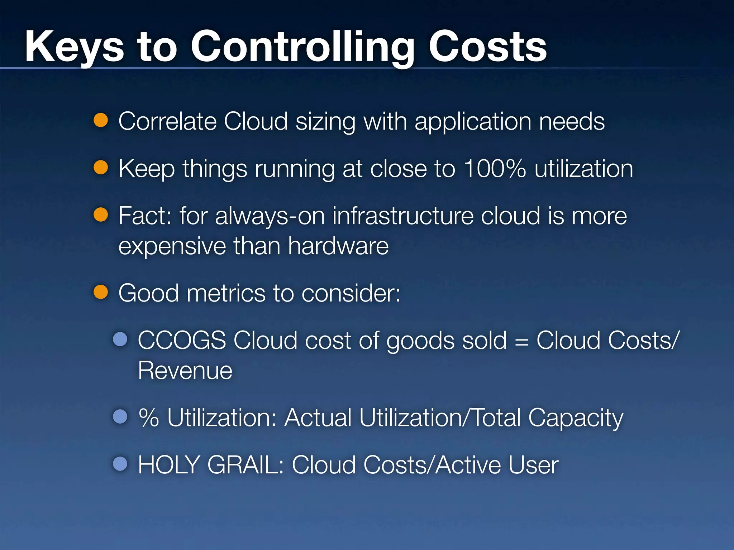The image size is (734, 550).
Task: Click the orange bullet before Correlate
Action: tap(101, 120)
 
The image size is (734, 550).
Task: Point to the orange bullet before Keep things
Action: tap(101, 168)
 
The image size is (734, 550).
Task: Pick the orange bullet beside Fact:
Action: tap(101, 215)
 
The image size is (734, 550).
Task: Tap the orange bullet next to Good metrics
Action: tap(101, 292)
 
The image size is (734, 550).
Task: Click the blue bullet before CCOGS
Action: tap(120, 339)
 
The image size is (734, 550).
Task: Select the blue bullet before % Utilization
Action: tap(120, 416)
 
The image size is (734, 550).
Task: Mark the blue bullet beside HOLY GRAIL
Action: tap(120, 464)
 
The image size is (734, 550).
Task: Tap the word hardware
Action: tap(338, 246)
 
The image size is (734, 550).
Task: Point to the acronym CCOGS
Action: tap(182, 340)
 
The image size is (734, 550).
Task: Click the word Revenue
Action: tap(185, 370)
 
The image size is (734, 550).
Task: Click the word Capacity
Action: tap(576, 418)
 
